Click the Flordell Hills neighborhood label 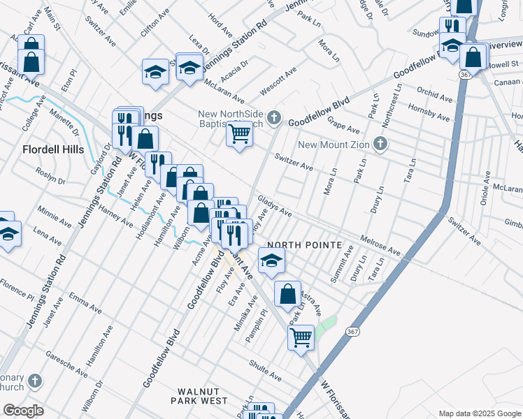pos(52,149)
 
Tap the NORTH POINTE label pos(305,246)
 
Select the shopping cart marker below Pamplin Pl pos(301,338)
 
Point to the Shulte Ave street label pos(264,371)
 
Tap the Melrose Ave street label pos(380,244)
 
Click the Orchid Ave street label pos(436,94)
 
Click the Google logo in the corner pos(23,411)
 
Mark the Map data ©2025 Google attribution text pos(479,413)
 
